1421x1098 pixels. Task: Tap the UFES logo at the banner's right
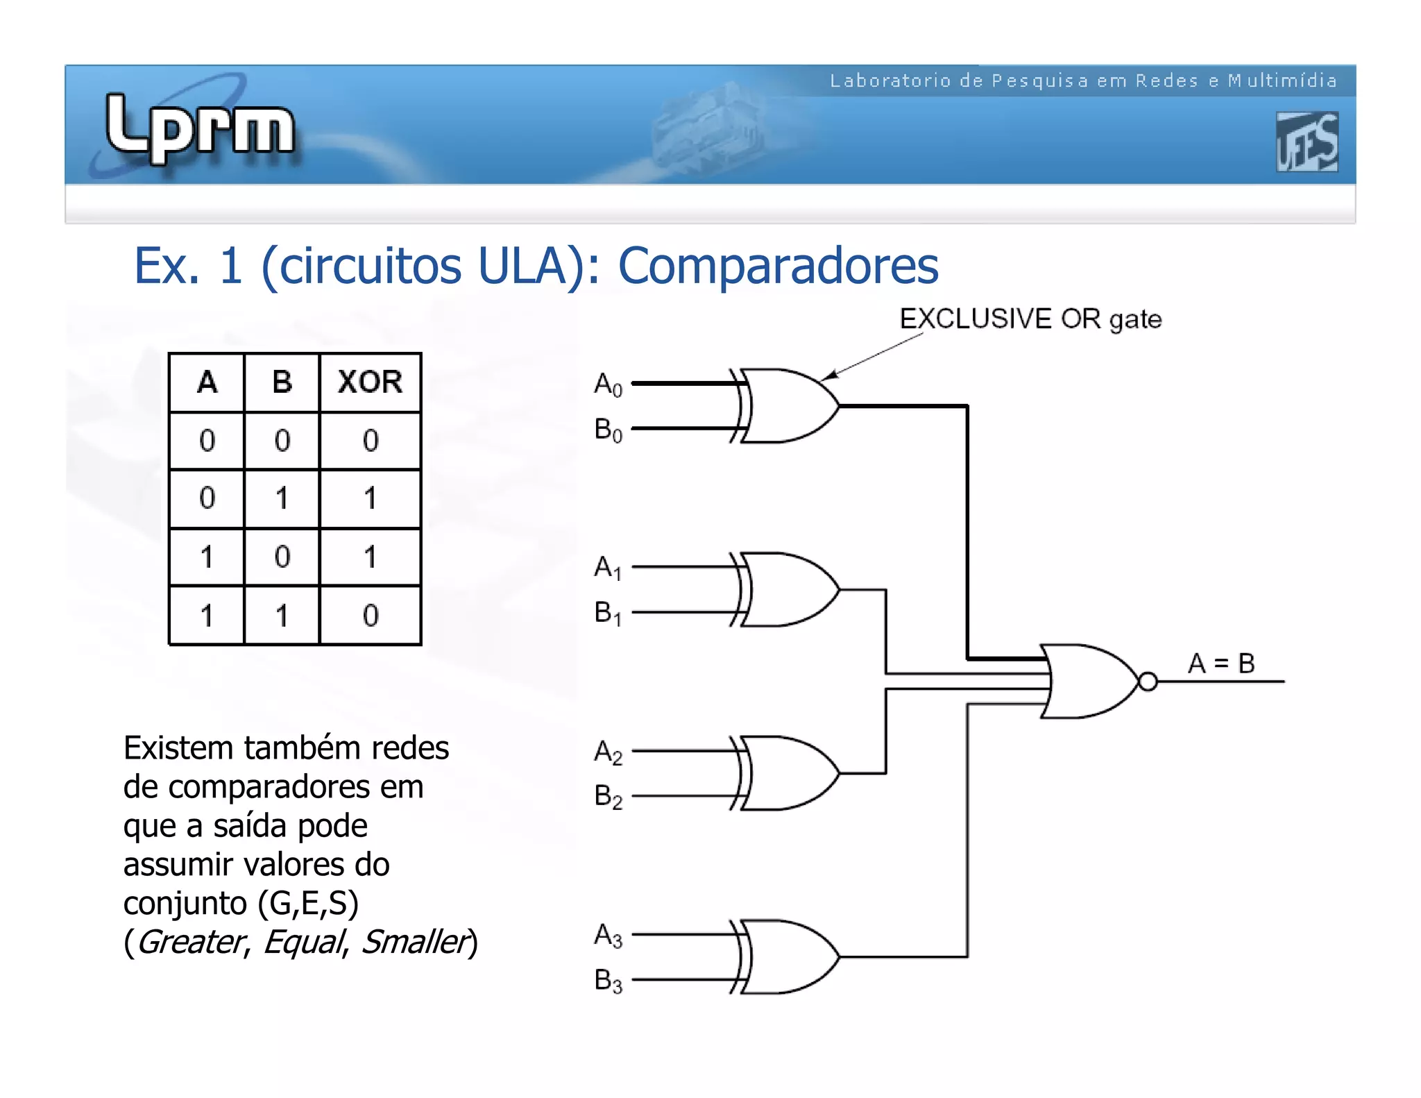(x=1307, y=142)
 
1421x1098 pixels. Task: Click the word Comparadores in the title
(x=778, y=266)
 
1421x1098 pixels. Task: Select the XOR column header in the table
(x=370, y=382)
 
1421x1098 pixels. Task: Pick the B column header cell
(x=282, y=382)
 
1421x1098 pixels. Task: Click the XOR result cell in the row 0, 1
(x=370, y=498)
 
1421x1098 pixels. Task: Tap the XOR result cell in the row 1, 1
(x=370, y=615)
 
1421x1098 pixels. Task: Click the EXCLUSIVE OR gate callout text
(x=1030, y=319)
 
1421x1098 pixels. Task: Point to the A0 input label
(x=608, y=384)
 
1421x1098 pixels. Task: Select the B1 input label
(x=608, y=614)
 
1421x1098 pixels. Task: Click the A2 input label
(x=608, y=752)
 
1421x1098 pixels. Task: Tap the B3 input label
(x=608, y=981)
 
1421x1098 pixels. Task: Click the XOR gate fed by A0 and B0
(x=788, y=406)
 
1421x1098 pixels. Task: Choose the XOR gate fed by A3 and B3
(x=788, y=957)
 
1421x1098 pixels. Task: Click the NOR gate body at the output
(x=1089, y=682)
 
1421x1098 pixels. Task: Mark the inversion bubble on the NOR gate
(x=1148, y=682)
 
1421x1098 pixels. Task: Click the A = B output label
(x=1220, y=664)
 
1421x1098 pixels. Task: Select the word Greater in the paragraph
(x=190, y=943)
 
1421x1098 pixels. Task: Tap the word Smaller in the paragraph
(x=415, y=943)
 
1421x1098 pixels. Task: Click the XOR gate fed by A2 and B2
(x=788, y=773)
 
